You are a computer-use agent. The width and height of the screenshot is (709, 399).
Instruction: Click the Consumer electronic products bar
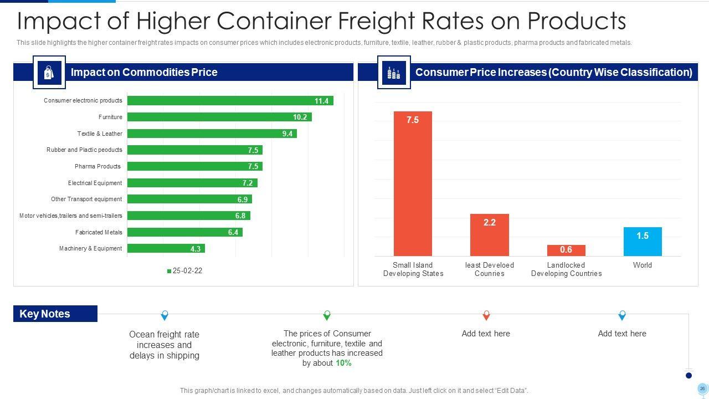[x=230, y=101]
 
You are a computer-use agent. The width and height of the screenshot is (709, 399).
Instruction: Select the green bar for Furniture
[x=219, y=117]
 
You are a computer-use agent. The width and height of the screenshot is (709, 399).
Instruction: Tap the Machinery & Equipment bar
[x=166, y=249]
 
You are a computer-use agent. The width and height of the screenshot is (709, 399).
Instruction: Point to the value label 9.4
[x=287, y=134]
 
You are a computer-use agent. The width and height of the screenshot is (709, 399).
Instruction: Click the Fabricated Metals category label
[x=99, y=232]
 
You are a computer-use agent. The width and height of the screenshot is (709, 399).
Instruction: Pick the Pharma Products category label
[x=97, y=166]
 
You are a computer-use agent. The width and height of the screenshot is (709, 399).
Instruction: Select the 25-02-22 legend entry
[x=184, y=271]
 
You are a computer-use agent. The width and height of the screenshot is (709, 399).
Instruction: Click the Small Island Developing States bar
[x=413, y=183]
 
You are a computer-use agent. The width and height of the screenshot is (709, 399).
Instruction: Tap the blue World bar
[x=643, y=242]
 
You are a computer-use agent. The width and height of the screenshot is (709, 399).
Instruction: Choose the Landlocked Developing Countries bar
[x=566, y=250]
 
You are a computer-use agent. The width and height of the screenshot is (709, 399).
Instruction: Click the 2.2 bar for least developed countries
[x=489, y=235]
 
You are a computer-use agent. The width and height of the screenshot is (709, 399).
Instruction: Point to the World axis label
[x=643, y=265]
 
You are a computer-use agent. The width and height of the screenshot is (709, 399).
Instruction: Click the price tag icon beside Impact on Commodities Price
[x=49, y=73]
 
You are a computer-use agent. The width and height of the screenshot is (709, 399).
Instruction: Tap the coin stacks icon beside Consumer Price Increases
[x=394, y=73]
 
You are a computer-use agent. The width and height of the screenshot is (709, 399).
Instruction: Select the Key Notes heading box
[x=55, y=314]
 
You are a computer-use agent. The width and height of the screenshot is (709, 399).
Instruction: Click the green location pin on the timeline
[x=327, y=315]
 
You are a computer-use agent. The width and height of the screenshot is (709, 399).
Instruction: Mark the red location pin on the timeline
[x=486, y=315]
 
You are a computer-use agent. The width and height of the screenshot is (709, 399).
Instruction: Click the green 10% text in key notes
[x=343, y=363]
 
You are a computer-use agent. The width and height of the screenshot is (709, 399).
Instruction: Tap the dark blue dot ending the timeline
[x=689, y=375]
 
